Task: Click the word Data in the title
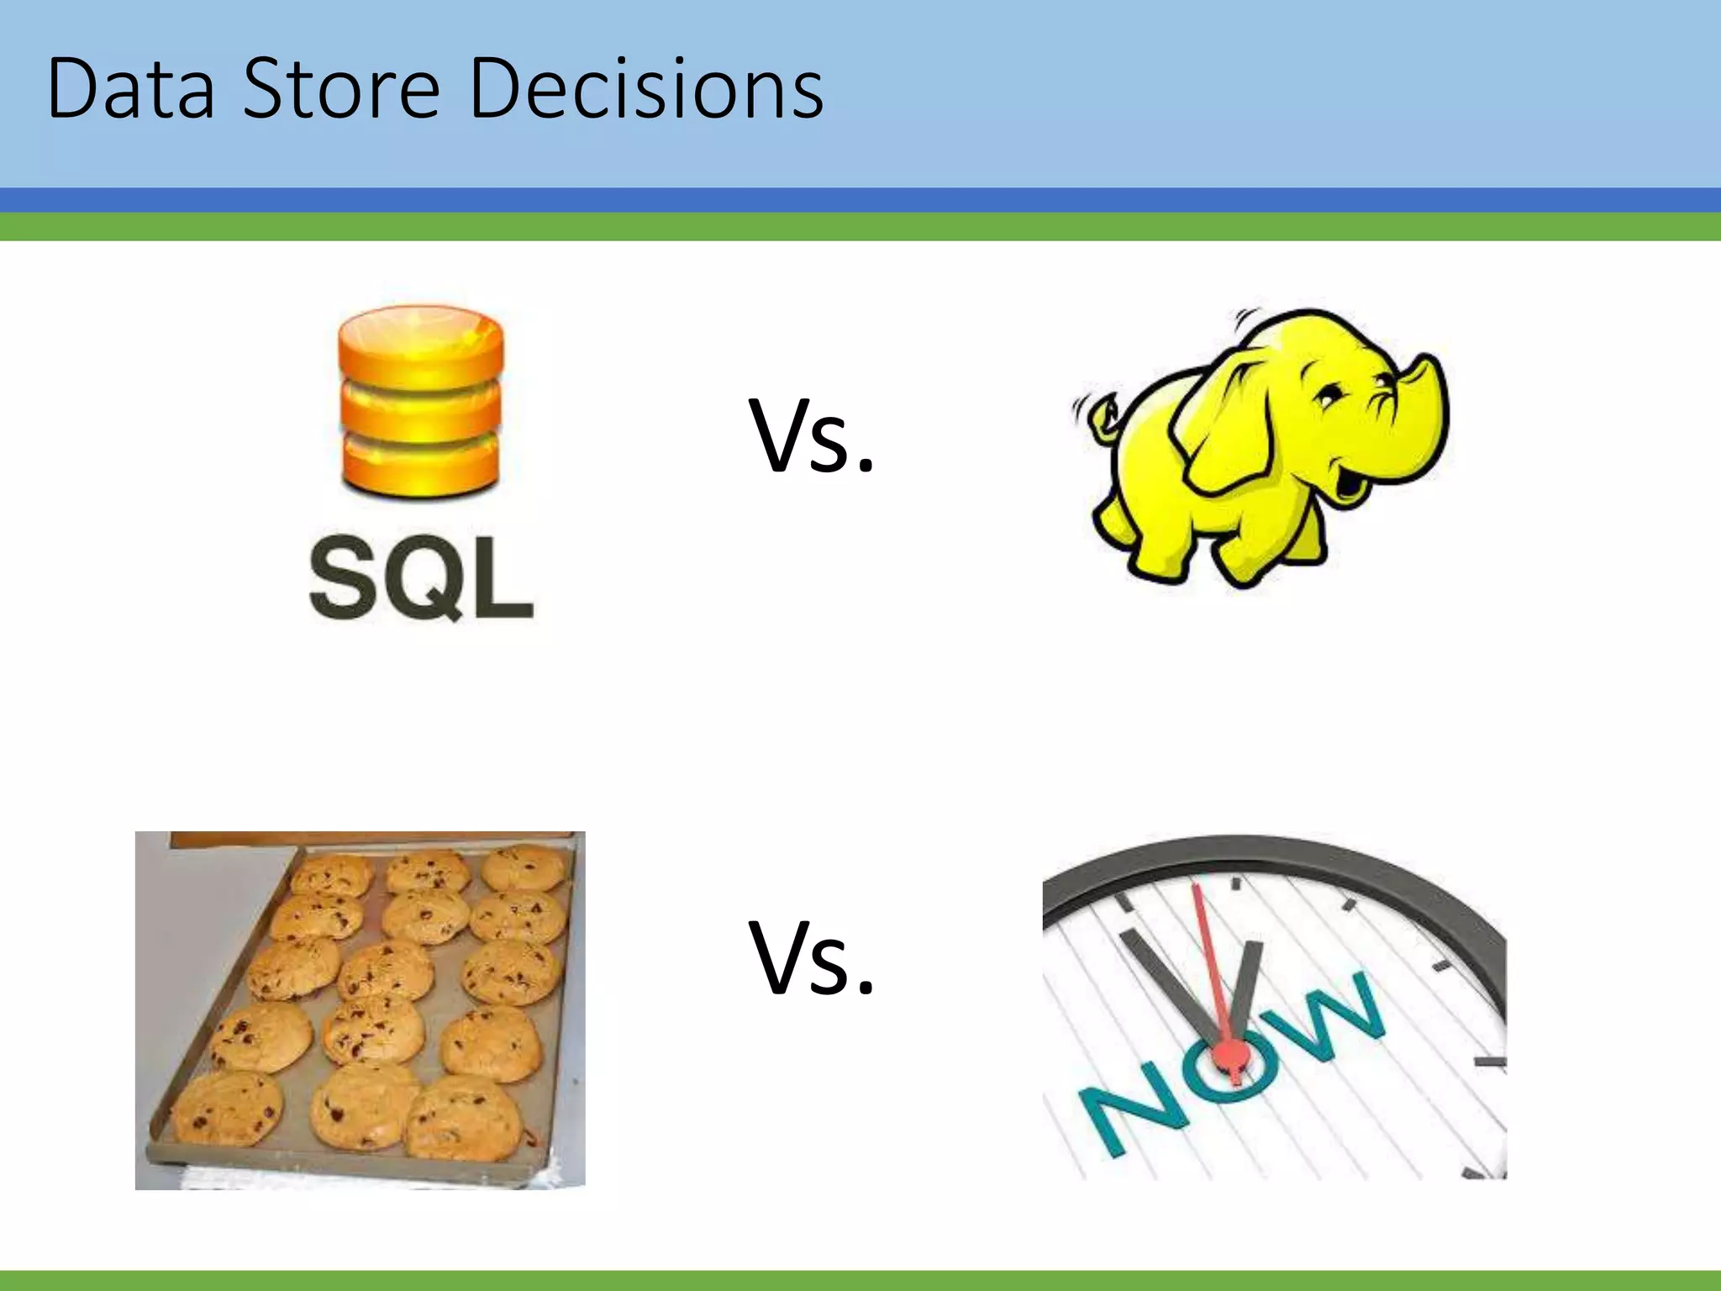[131, 89]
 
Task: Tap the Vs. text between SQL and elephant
[812, 437]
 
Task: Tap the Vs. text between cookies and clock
[812, 958]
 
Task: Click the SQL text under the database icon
[421, 580]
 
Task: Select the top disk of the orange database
[421, 345]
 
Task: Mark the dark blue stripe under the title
[860, 200]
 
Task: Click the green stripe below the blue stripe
[860, 227]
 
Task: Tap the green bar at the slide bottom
[860, 1281]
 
